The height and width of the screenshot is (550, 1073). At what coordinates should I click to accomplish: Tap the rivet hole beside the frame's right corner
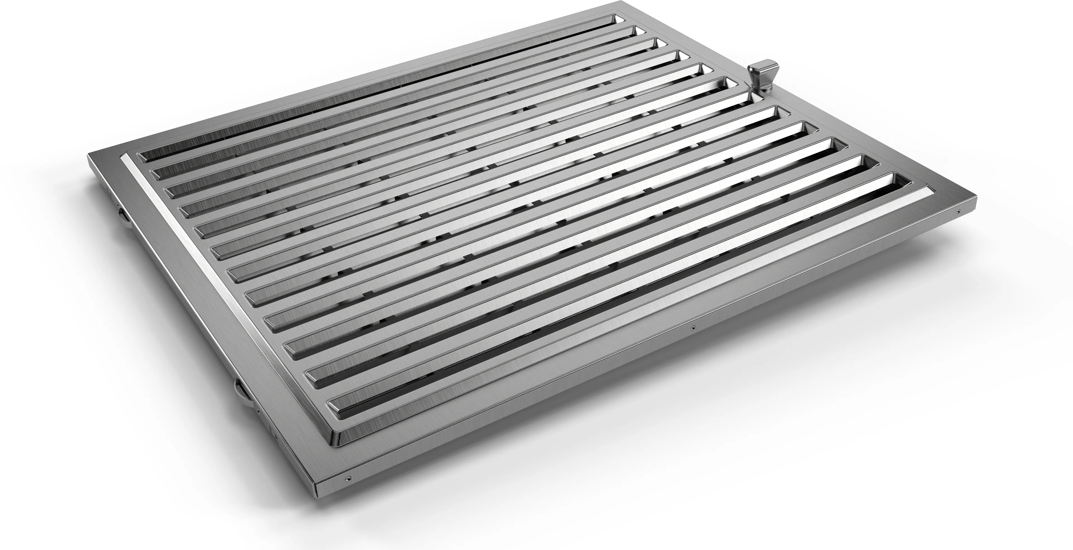click(x=958, y=212)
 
